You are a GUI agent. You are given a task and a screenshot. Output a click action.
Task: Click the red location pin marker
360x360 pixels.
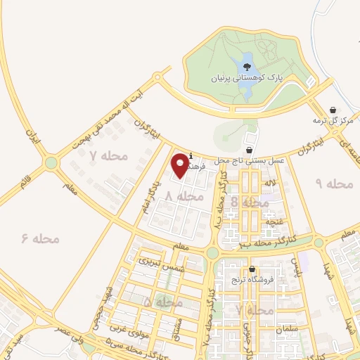coord(181,165)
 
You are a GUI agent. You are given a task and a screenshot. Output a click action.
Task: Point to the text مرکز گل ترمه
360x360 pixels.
coord(332,121)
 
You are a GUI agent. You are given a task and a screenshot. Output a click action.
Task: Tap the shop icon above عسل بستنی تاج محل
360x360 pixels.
coord(250,150)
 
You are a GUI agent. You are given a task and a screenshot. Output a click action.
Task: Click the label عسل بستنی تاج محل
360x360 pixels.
coord(250,161)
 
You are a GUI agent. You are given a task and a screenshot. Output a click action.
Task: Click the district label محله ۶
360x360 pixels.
coord(41,239)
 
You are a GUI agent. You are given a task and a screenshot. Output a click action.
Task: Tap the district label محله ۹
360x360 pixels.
coord(333,184)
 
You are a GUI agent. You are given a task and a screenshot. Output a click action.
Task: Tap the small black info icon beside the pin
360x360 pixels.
coord(191,157)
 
